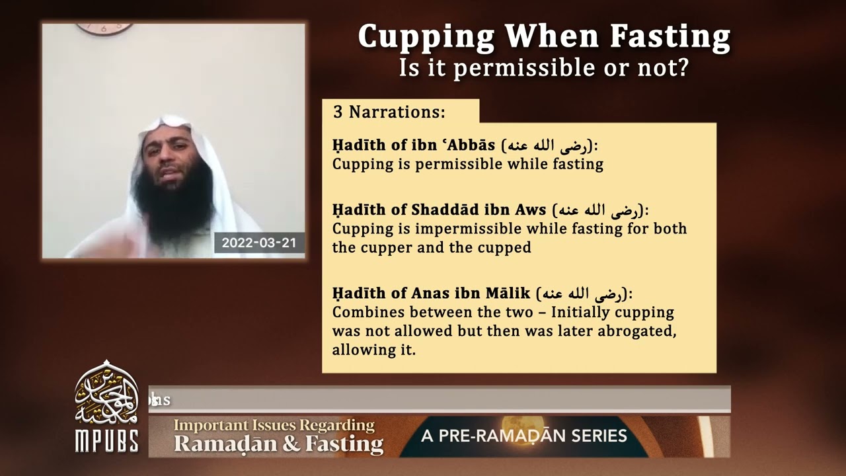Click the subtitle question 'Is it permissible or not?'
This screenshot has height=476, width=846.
[543, 67]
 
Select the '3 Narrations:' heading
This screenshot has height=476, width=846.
[389, 112]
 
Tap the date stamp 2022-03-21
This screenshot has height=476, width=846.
[258, 243]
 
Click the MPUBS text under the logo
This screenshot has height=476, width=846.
[106, 441]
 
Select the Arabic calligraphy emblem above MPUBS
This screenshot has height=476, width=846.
[106, 394]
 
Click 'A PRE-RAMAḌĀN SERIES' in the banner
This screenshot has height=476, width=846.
[523, 436]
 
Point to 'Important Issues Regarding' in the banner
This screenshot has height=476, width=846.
[274, 424]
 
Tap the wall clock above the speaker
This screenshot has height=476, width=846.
[104, 28]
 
